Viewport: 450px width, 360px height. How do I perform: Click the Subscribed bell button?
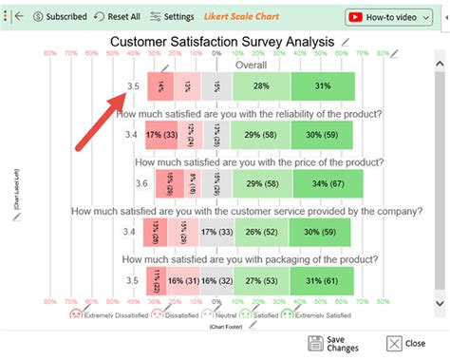(60, 17)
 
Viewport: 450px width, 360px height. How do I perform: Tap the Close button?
(406, 344)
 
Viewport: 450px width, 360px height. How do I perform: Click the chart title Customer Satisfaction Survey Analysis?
(222, 42)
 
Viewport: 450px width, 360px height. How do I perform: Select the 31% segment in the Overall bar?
(322, 86)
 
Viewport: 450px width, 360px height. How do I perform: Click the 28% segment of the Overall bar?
(260, 86)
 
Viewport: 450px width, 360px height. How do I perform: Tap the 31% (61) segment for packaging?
(322, 280)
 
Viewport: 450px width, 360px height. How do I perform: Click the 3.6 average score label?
(141, 183)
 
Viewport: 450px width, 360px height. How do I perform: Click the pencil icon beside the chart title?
(345, 43)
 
